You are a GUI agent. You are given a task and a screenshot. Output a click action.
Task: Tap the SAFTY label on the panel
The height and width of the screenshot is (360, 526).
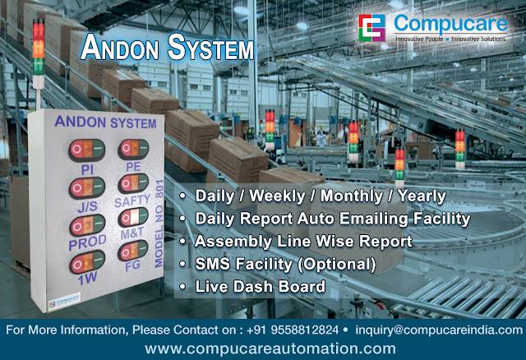click(132, 201)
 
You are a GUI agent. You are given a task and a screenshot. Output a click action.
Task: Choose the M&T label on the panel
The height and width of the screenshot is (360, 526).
click(131, 235)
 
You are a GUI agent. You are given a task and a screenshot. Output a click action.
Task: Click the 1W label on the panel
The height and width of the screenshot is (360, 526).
click(86, 279)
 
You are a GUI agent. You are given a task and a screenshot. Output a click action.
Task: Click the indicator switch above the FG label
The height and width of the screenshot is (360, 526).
click(131, 252)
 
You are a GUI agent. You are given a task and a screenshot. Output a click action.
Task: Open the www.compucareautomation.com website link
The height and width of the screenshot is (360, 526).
click(263, 348)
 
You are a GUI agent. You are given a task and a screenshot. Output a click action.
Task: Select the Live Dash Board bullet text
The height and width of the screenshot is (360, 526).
click(260, 286)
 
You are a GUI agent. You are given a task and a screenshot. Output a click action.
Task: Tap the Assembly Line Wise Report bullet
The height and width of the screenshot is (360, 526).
click(303, 242)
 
